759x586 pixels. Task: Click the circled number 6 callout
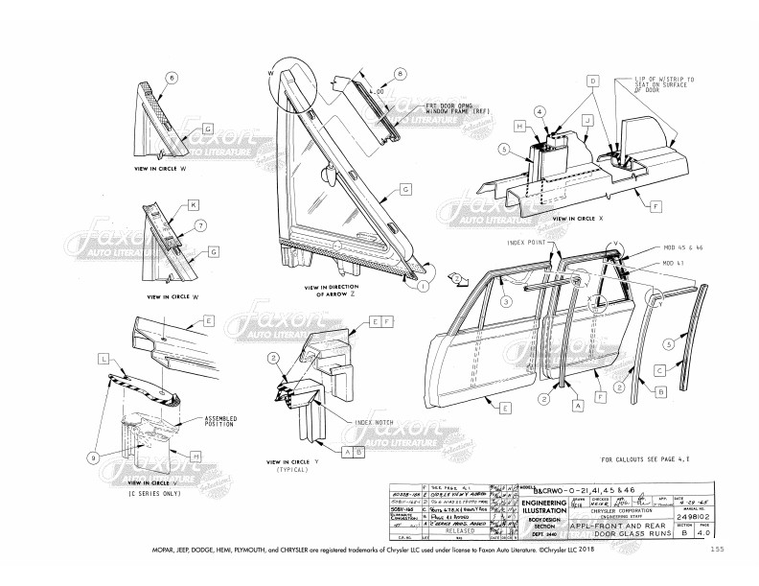click(x=172, y=78)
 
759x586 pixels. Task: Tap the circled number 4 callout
click(x=540, y=112)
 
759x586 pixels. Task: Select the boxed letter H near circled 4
click(x=517, y=126)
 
